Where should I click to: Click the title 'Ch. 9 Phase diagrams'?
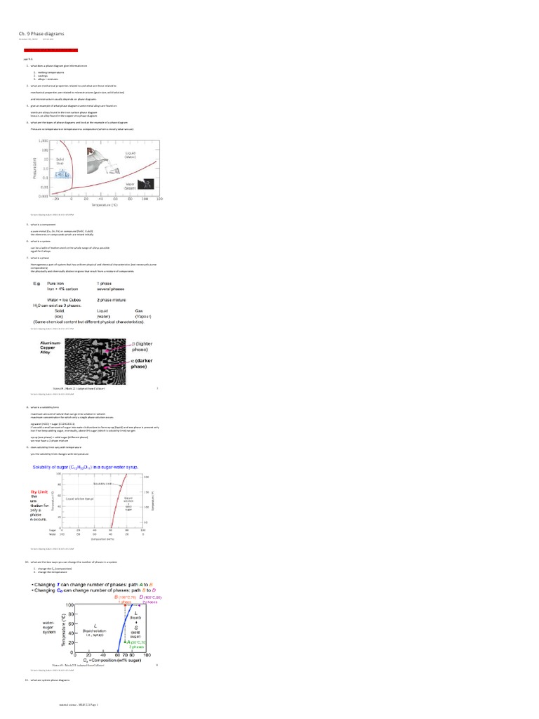[41, 32]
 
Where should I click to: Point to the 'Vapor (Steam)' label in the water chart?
[131, 186]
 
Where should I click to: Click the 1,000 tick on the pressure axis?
[44, 140]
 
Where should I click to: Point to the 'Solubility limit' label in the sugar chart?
[103, 484]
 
